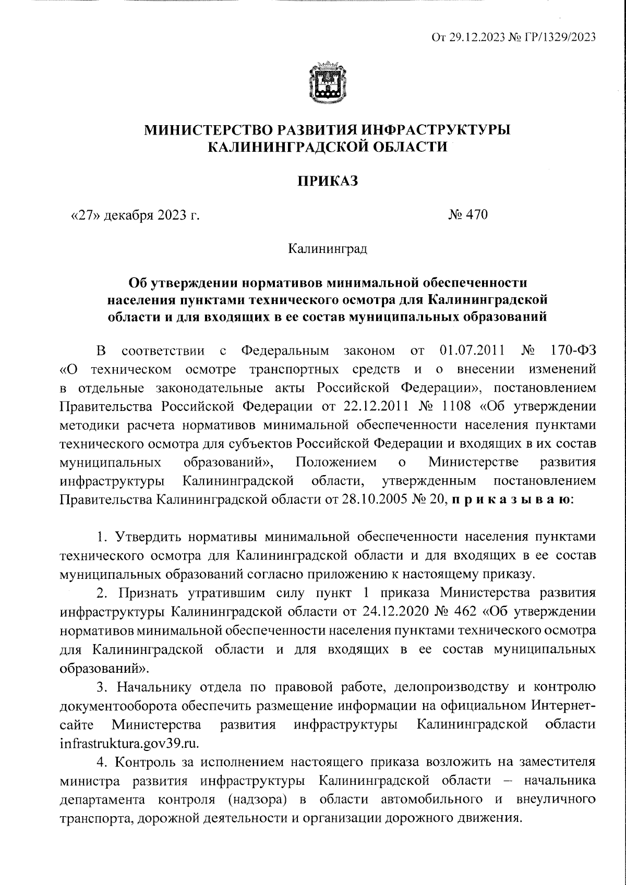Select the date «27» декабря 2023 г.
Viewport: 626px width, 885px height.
(x=135, y=215)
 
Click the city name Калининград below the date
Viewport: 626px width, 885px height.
(x=327, y=249)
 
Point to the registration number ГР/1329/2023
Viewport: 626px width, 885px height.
(x=557, y=37)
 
